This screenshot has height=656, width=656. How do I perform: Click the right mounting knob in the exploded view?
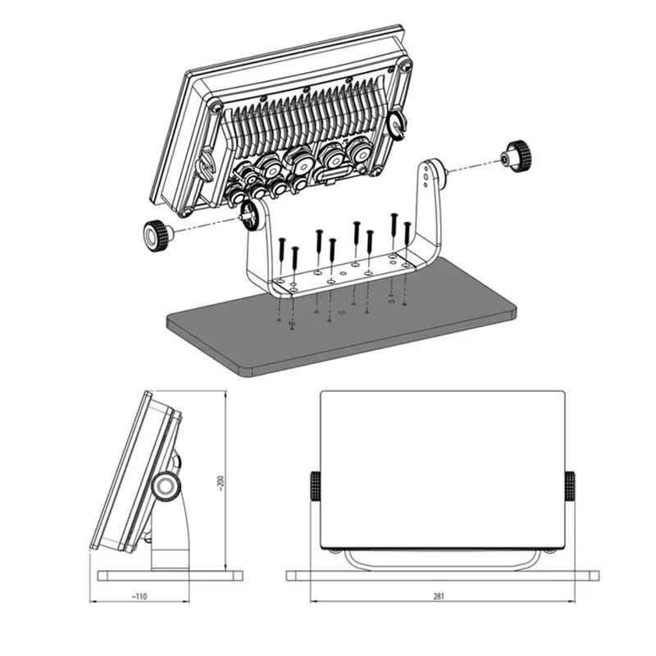click(x=517, y=157)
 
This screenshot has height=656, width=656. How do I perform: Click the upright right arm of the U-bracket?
click(x=431, y=205)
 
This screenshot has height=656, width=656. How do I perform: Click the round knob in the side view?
click(x=166, y=486)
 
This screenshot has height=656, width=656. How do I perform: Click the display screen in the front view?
click(x=443, y=467)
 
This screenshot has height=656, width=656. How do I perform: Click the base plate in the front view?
click(x=443, y=575)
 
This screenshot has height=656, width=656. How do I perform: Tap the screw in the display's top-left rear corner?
click(x=214, y=107)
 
